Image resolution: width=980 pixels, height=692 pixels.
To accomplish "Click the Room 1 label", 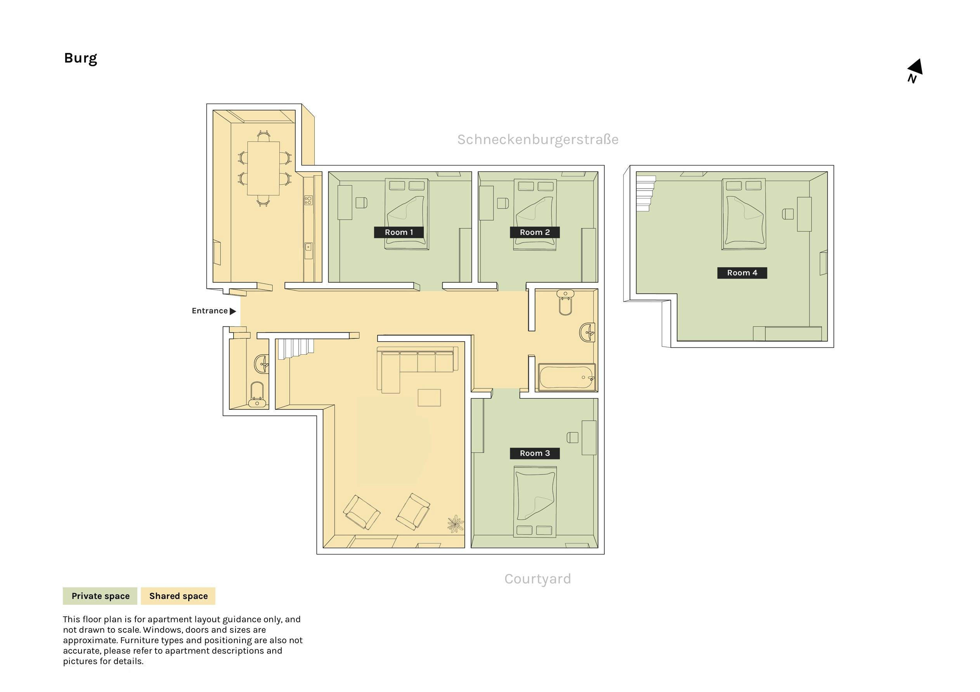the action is [x=399, y=232].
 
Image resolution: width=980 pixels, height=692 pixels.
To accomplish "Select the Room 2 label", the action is [x=535, y=232].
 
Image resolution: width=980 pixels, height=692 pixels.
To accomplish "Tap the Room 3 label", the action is [x=535, y=453].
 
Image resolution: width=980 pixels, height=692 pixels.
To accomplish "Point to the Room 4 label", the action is [x=742, y=273].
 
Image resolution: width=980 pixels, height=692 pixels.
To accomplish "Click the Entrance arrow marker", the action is [x=233, y=311].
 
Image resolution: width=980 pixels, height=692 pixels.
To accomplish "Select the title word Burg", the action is [x=81, y=58].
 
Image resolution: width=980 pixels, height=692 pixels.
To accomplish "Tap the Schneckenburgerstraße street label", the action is [x=538, y=140].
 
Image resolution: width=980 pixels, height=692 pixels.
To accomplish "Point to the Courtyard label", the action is [x=538, y=579].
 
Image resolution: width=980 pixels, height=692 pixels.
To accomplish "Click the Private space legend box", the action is [x=100, y=596].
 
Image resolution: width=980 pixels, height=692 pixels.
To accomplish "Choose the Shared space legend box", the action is [x=178, y=596].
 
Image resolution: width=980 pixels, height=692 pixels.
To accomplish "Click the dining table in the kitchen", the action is [x=263, y=168].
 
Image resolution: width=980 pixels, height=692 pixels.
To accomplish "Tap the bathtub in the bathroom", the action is [x=567, y=377].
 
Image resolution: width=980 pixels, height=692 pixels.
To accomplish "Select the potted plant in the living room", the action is [x=455, y=524].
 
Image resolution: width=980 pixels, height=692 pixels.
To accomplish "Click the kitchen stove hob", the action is [x=308, y=200].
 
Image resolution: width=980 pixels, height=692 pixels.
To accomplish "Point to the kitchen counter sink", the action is [x=308, y=247].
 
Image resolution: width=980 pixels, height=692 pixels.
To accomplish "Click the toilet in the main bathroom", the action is [x=565, y=302].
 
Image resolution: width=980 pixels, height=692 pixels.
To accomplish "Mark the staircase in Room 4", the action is [x=645, y=194].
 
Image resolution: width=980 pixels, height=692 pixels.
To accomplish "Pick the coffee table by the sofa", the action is [x=429, y=398].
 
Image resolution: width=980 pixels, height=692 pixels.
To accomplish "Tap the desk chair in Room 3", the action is [x=572, y=437].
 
